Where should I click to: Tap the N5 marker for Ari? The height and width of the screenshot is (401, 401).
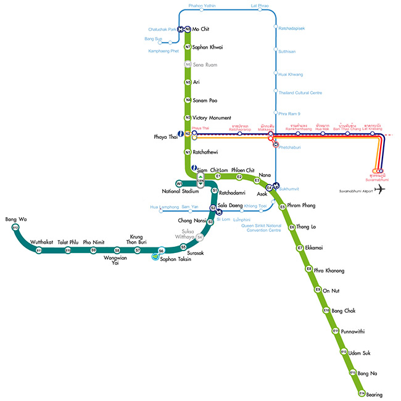(x=188, y=82)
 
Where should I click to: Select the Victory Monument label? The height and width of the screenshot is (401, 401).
(x=212, y=117)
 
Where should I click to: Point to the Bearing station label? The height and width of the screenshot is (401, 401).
(x=374, y=394)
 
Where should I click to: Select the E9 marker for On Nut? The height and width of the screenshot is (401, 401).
(x=318, y=289)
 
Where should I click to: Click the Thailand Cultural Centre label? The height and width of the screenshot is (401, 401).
(x=300, y=93)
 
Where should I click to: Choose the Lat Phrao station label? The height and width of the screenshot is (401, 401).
(x=259, y=6)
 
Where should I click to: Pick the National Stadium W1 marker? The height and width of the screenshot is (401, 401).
(x=179, y=183)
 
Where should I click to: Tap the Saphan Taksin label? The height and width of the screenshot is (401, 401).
(x=176, y=259)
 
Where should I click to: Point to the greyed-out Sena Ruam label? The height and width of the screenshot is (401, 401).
(x=205, y=64)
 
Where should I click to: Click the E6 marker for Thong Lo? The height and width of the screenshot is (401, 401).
(x=292, y=227)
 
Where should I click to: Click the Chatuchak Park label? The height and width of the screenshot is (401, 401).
(x=162, y=29)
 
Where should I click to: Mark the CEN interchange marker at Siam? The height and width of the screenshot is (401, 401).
(x=200, y=180)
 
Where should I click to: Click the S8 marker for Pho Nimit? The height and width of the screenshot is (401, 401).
(x=117, y=250)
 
